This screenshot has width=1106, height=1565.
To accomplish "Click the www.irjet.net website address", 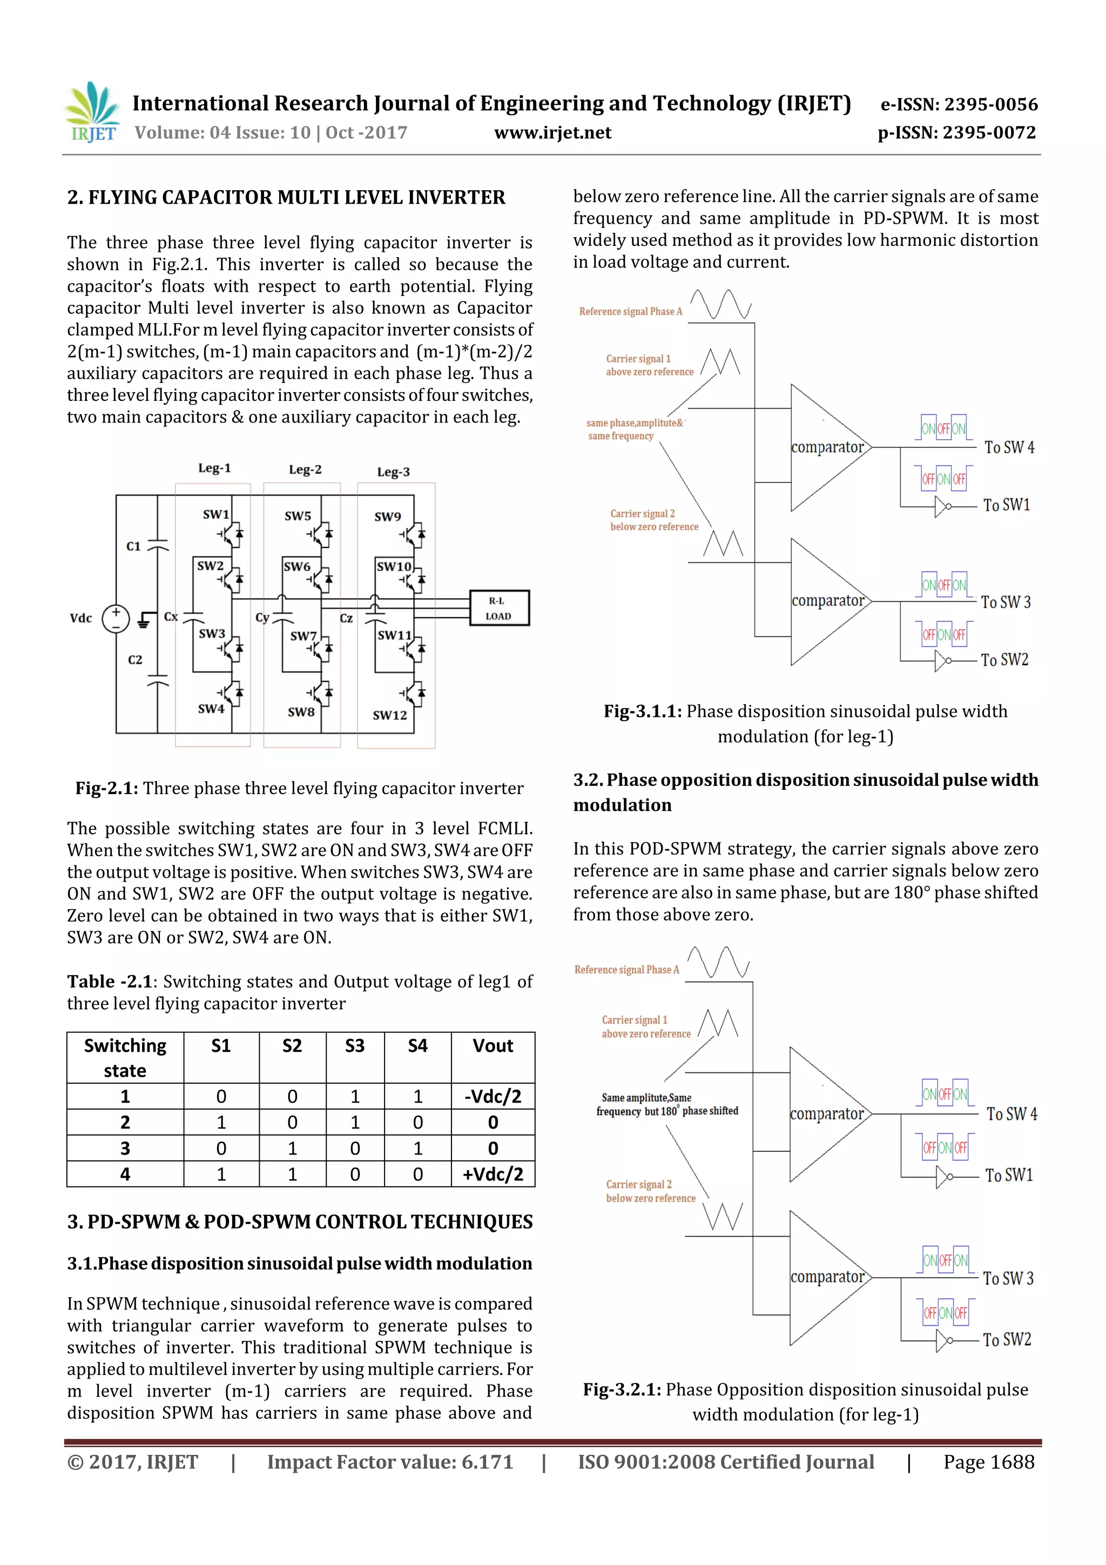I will [552, 132].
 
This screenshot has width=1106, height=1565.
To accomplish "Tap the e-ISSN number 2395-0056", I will [959, 104].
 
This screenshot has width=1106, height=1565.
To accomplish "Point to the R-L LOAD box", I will [499, 608].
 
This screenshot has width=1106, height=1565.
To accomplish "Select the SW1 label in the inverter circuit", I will [215, 514].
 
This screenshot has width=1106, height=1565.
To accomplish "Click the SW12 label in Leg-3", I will [389, 715].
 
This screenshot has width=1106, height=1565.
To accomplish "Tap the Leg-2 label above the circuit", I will [305, 469].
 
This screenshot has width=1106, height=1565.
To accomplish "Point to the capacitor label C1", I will [133, 546].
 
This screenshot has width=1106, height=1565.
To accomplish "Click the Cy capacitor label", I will [262, 617].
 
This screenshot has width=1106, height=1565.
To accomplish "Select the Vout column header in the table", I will [492, 1046].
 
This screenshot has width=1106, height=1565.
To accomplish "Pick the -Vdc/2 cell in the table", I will [492, 1096].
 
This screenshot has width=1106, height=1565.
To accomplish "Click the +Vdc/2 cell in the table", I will [492, 1174].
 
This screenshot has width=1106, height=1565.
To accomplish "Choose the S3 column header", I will [354, 1046].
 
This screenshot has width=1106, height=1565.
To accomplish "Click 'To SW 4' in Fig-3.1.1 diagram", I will [1009, 448].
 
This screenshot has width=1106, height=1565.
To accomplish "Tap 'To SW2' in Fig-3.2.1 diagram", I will [1007, 1339].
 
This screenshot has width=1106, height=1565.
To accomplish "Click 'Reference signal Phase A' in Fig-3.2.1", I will [626, 969].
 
